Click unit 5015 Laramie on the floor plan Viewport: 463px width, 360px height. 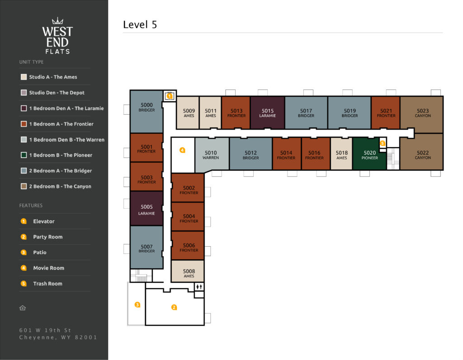(268, 113)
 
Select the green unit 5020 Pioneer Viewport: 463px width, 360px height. (369, 154)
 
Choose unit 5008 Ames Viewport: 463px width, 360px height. (189, 271)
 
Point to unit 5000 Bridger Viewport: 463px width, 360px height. (146, 112)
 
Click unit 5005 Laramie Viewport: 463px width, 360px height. (146, 209)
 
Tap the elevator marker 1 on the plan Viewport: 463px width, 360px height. (170, 96)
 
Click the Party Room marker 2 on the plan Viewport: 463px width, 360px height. (174, 307)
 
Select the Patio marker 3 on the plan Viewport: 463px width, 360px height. (137, 304)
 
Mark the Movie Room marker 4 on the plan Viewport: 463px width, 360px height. (182, 150)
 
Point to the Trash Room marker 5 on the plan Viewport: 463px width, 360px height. (383, 143)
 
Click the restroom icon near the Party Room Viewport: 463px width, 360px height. (199, 286)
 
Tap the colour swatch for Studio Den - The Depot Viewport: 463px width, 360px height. (24, 93)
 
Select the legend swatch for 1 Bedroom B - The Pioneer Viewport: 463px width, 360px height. (24, 155)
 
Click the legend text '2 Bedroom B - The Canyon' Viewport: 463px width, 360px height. (60, 187)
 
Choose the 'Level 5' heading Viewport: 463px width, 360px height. (140, 24)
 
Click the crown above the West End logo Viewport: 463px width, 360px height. (57, 21)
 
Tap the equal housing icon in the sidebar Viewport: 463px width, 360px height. (23, 308)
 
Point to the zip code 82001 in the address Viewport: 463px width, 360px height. (85, 337)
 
